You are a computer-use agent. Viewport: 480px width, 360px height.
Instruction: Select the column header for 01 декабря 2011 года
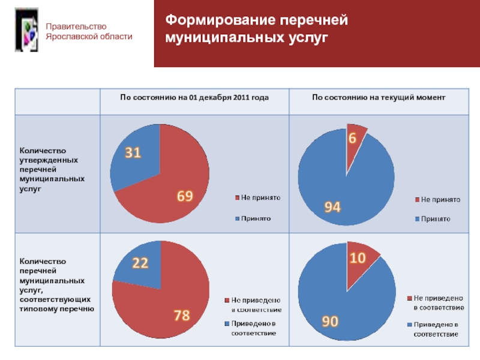194,97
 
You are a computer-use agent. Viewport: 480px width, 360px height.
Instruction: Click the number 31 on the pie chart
133,154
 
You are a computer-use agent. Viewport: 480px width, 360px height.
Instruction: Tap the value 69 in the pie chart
184,196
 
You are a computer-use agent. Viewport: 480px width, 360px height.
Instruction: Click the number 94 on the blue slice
333,207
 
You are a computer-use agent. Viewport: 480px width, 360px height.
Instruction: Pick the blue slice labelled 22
140,262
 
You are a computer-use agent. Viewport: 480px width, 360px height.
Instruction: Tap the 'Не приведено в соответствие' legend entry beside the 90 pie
437,302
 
